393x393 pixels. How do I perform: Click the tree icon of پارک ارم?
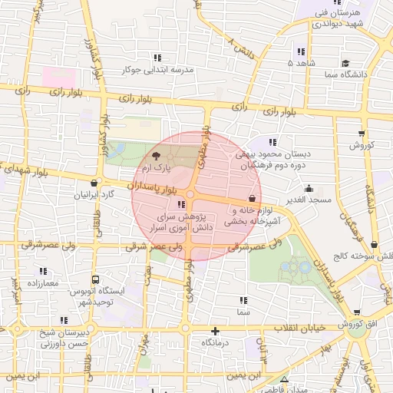pos(157,156)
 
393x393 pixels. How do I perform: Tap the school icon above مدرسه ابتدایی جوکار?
pos(157,58)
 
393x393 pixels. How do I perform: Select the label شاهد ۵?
pos(300,62)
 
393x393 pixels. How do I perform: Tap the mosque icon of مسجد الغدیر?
pos(309,189)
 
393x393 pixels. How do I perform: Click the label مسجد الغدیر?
pos(309,200)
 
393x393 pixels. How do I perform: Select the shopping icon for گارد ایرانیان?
pos(94,183)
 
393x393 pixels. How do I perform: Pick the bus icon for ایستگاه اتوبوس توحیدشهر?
pos(95,280)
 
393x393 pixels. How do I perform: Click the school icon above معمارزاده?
pos(43,271)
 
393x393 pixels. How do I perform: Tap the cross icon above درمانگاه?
pos(216,332)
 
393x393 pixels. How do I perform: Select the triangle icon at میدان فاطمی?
pos(285,379)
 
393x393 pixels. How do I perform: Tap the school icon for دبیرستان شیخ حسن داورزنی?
pos(63,321)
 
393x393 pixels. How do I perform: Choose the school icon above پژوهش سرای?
pos(180,205)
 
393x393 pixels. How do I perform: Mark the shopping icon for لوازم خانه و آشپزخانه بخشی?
pos(252,198)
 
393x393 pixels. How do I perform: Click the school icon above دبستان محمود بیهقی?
pos(273,142)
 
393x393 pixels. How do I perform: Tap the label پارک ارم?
pos(157,167)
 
